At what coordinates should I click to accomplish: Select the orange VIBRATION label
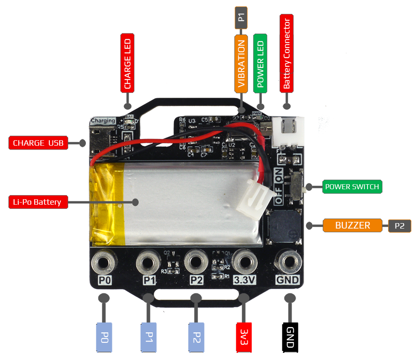(241, 63)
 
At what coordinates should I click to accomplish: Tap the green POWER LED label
(260, 63)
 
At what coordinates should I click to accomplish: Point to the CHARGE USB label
(38, 143)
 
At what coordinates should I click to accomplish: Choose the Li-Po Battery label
(38, 202)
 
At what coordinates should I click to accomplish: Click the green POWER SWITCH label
(352, 187)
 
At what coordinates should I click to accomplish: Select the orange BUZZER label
(352, 225)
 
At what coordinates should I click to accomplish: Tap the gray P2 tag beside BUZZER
(400, 226)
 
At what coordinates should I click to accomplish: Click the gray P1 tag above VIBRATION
(241, 18)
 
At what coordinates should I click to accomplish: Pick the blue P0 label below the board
(104, 337)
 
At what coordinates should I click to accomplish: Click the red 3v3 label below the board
(244, 337)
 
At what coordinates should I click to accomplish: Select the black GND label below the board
(290, 337)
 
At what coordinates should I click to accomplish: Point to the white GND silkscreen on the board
(287, 280)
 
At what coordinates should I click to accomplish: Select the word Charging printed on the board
(103, 121)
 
